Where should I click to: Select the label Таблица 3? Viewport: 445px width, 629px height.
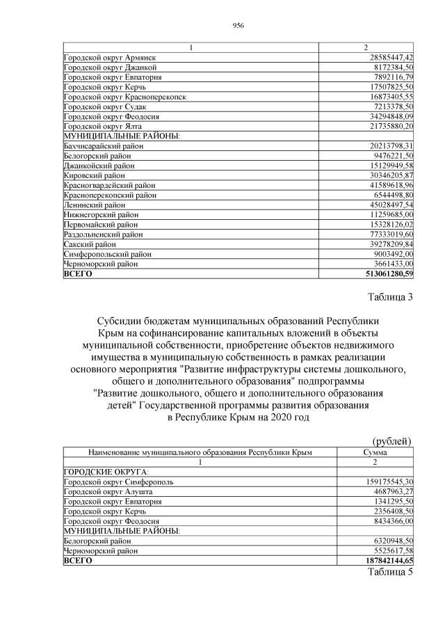[x=390, y=298]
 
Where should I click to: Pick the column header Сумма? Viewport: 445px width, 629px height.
[x=375, y=452]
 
